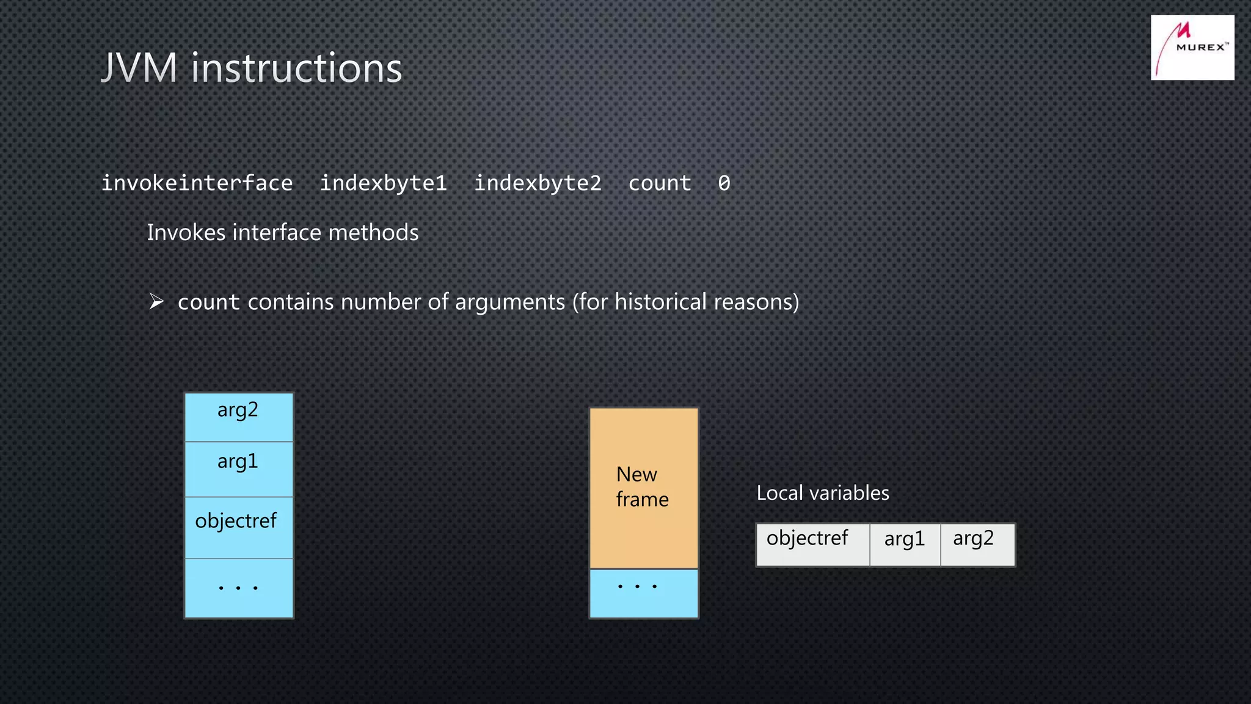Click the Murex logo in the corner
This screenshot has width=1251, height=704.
click(x=1192, y=48)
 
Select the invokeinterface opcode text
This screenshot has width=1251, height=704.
click(x=197, y=183)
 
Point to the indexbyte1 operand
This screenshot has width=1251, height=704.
click(x=384, y=183)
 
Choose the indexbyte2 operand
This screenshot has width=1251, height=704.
click(x=538, y=183)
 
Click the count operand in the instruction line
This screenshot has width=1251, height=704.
click(x=660, y=183)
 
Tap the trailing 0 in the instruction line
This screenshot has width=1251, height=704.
click(x=724, y=183)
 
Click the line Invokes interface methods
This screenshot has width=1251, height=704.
click(x=282, y=233)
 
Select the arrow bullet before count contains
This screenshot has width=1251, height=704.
click(x=156, y=302)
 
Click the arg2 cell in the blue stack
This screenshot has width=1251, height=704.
click(x=238, y=417)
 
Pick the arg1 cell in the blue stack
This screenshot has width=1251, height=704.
click(x=238, y=469)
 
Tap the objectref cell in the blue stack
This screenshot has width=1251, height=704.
click(x=238, y=527)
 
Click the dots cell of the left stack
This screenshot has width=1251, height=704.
click(x=238, y=588)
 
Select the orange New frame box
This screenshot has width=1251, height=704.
click(x=643, y=488)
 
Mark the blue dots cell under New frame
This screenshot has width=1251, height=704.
click(x=643, y=593)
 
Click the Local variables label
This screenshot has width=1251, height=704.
click(x=822, y=493)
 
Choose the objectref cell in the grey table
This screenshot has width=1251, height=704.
click(x=812, y=544)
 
